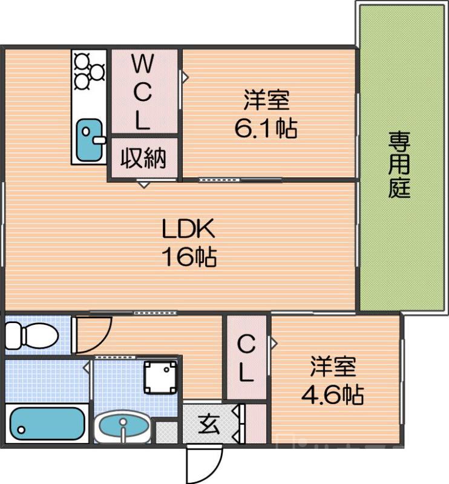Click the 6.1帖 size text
tap(266, 128)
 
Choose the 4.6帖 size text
tap(332, 396)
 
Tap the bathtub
tap(46, 423)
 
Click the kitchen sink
tap(90, 135)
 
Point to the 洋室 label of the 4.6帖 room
tap(332, 367)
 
